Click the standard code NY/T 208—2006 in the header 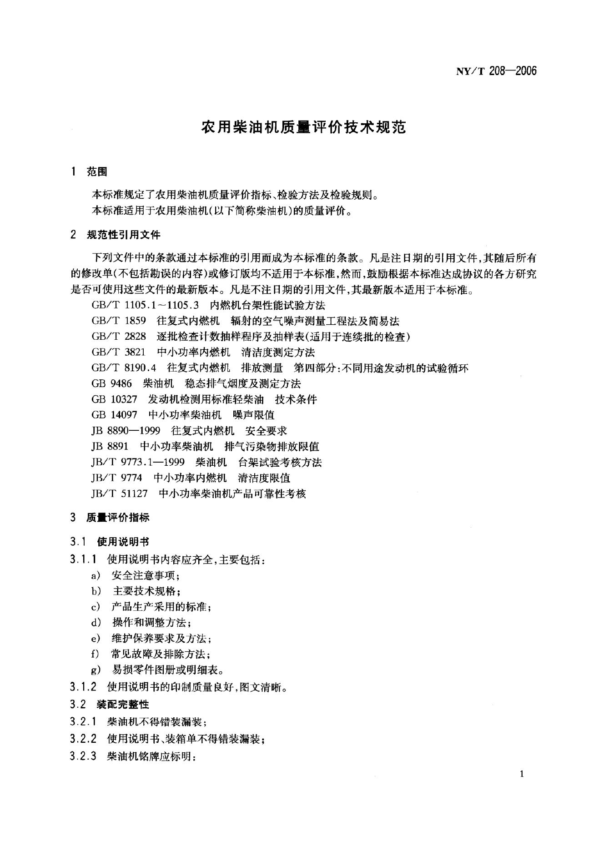496,71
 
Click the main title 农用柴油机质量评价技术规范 303,127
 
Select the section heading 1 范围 89,172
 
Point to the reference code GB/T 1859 119,321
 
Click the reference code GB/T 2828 119,337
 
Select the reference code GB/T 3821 119,353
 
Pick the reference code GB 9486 111,384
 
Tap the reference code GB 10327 114,399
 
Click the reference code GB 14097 114,415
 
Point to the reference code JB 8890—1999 126,431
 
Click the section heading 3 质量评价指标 110,518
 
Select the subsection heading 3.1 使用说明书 110,542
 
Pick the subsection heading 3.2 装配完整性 110,705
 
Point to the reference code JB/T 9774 117,478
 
